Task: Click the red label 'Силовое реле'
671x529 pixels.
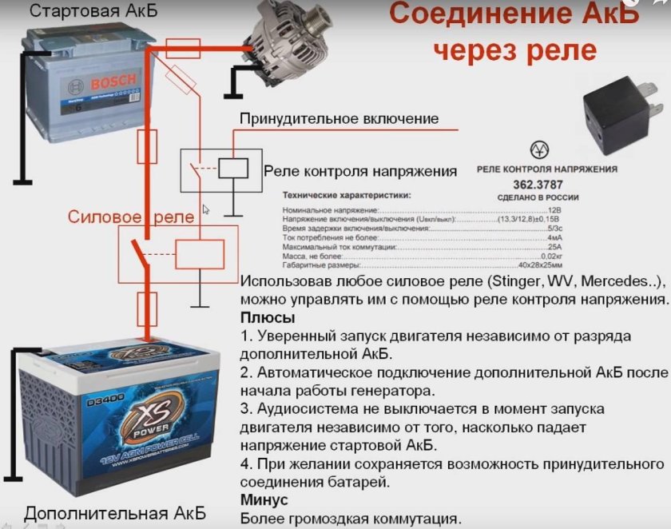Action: click(x=130, y=217)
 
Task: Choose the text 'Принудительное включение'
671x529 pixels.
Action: click(x=339, y=118)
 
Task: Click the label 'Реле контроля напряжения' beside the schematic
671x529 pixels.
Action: click(x=360, y=171)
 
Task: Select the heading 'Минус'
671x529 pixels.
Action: click(x=265, y=499)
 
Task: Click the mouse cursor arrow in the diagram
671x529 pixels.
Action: click(x=205, y=209)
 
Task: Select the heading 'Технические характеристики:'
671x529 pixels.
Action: click(x=347, y=194)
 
